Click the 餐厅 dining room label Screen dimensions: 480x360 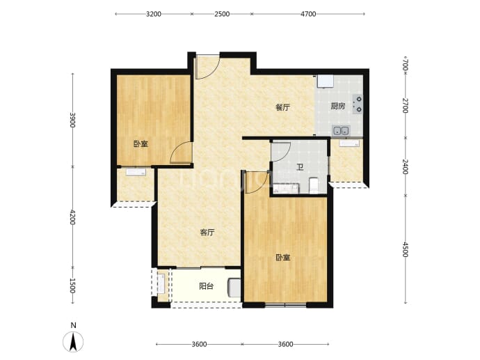(x=282, y=107)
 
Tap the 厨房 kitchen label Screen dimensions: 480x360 (x=338, y=107)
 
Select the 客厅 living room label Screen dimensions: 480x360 (x=207, y=233)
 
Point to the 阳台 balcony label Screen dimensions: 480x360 (x=206, y=286)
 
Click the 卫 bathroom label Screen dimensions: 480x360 (x=300, y=167)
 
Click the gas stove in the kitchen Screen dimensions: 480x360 (x=358, y=104)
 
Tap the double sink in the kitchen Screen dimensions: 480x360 (x=341, y=131)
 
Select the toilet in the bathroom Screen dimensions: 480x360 (x=314, y=186)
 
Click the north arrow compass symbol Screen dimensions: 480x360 (x=73, y=341)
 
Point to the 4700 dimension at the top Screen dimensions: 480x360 (x=308, y=14)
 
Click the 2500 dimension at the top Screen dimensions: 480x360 (x=222, y=14)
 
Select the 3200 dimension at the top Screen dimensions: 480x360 (x=154, y=14)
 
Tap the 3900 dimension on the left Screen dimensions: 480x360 (x=72, y=120)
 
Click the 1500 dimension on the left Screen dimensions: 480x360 (x=72, y=285)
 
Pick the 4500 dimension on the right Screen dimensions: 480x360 (x=406, y=250)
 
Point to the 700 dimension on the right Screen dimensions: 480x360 (x=406, y=65)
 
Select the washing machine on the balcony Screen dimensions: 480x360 (x=234, y=288)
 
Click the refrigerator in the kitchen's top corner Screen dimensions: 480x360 (x=325, y=81)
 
